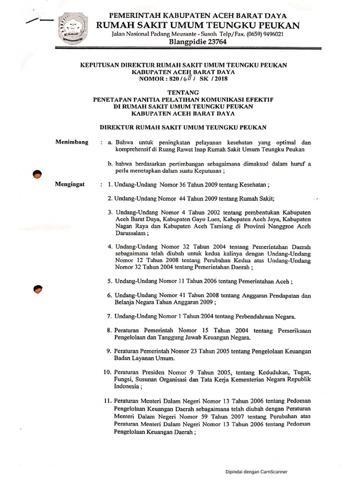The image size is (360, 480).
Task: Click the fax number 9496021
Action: (270, 35)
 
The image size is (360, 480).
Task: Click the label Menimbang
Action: (72, 142)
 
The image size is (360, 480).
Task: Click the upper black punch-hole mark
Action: (37, 174)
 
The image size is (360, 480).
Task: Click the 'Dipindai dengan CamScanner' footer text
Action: (256, 472)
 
